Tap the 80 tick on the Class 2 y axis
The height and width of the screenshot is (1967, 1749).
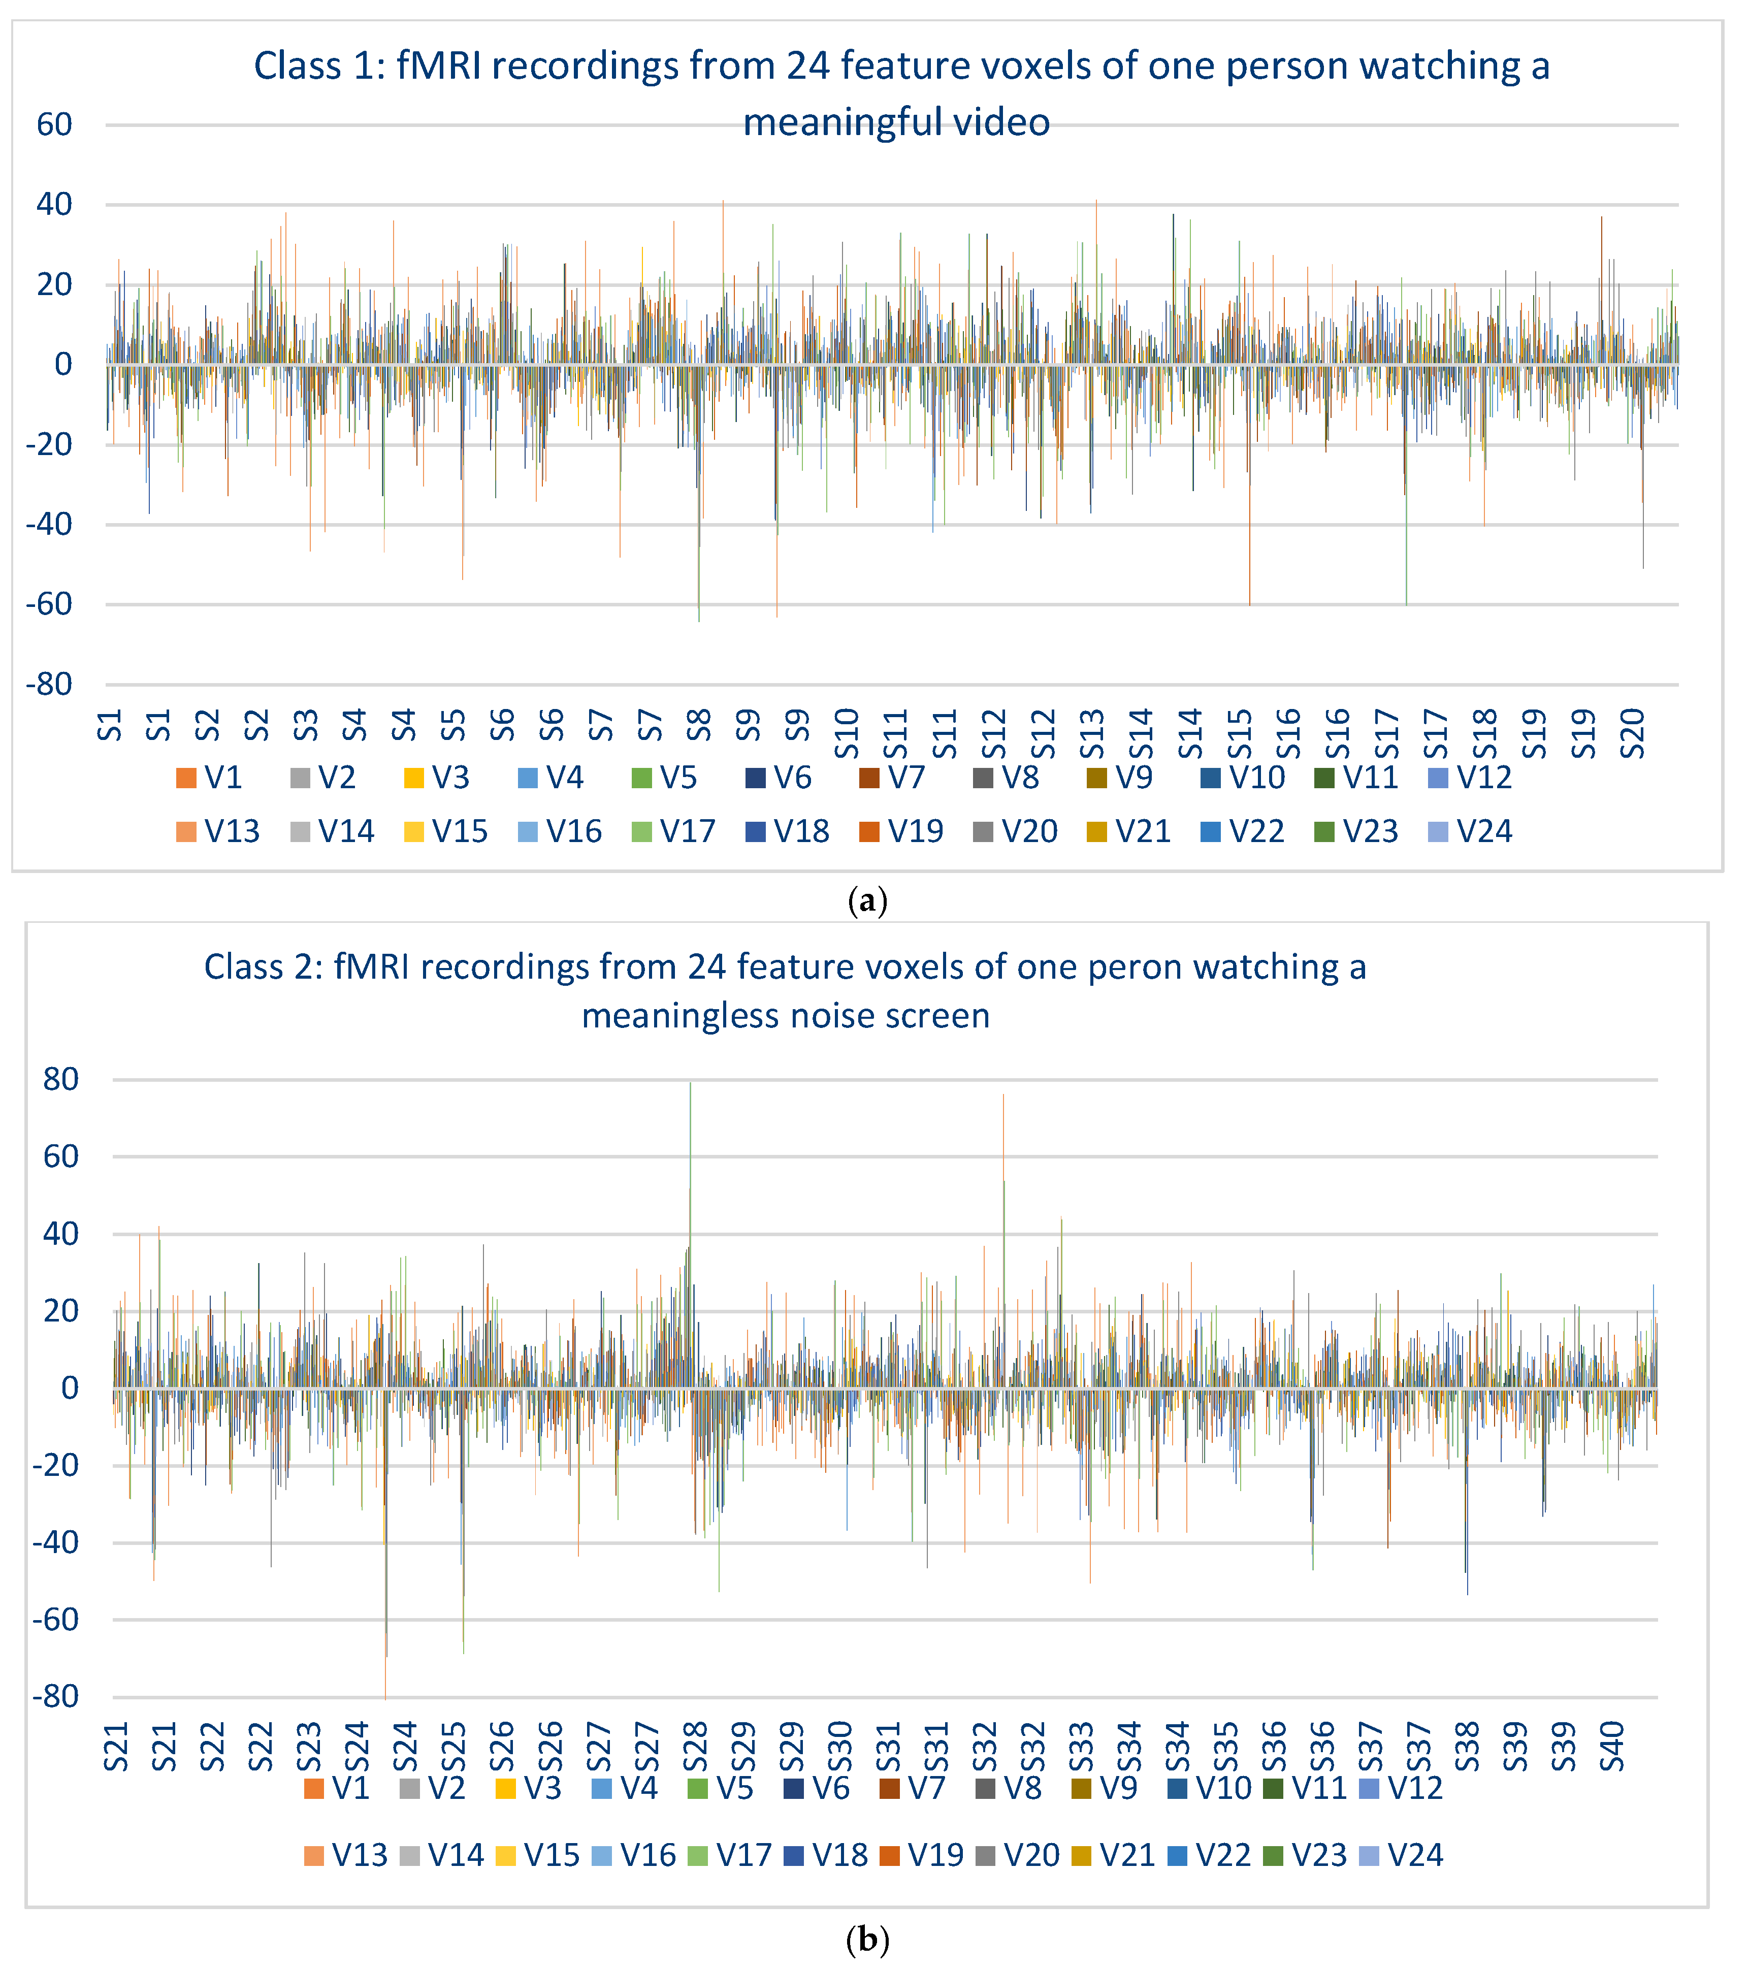(x=59, y=1080)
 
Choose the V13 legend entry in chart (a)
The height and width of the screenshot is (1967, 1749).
(x=218, y=831)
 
